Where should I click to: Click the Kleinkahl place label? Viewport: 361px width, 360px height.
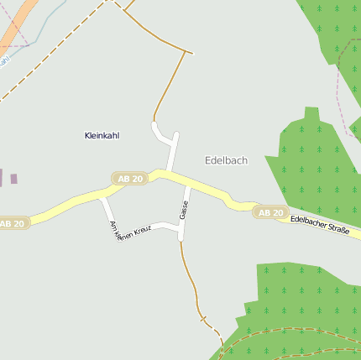(x=103, y=135)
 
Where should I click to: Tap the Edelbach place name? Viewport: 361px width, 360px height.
(x=226, y=160)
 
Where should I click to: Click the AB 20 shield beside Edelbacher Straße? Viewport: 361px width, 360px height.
(x=270, y=213)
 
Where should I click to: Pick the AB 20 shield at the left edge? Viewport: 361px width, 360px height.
(x=13, y=223)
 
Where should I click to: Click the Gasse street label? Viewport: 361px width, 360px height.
(x=184, y=210)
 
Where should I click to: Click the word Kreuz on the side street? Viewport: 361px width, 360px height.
(x=140, y=227)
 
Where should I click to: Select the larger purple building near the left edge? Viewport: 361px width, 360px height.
(x=13, y=178)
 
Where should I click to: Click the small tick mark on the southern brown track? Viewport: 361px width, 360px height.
(x=202, y=320)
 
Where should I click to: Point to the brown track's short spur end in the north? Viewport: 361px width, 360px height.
(x=191, y=54)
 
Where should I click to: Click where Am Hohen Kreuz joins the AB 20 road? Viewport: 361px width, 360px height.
(x=102, y=198)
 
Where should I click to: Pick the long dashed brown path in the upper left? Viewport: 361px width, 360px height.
(x=50, y=59)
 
